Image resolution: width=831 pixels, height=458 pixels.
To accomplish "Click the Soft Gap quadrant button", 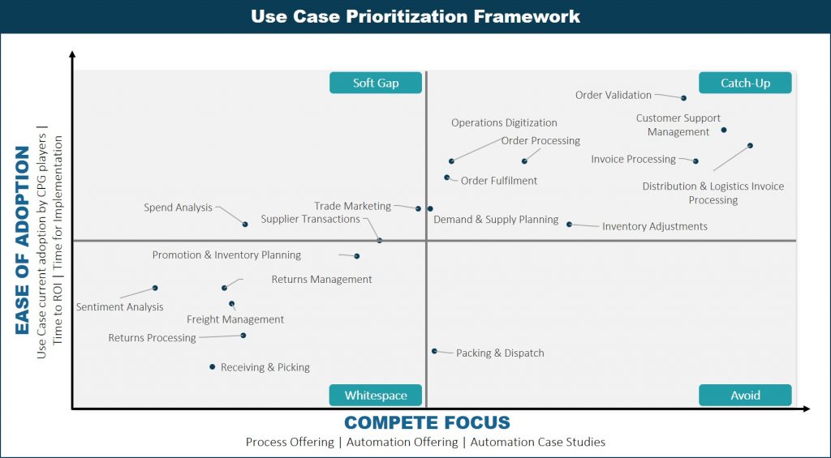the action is click(376, 83).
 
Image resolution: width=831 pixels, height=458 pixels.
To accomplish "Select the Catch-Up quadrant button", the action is click(745, 83).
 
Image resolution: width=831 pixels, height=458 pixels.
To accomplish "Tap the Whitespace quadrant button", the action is click(376, 396).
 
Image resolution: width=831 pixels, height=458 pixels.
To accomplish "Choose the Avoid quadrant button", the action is click(745, 396).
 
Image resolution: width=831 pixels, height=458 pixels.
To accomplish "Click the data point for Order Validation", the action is click(683, 98).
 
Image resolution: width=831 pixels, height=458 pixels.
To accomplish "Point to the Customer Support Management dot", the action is click(724, 130).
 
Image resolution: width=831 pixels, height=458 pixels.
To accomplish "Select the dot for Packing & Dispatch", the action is click(434, 351).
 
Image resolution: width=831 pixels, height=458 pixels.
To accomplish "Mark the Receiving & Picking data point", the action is click(212, 366).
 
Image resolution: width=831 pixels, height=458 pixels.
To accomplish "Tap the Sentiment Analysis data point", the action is click(155, 288).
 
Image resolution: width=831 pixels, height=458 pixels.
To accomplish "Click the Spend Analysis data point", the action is click(245, 225).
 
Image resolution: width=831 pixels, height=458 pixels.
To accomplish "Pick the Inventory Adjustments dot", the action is click(569, 225).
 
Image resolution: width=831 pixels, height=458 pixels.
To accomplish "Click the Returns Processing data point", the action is click(243, 335).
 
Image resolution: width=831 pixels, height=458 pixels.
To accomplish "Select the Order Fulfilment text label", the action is click(499, 181).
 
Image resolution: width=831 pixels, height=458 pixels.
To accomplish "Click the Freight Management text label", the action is click(235, 320).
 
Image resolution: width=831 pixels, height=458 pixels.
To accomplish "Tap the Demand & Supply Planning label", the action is click(496, 219).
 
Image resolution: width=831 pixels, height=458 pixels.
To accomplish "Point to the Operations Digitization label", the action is click(504, 123).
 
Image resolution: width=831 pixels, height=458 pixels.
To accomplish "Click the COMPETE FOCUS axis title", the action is click(427, 422).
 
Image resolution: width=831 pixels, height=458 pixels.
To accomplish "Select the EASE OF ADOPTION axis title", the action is click(22, 241).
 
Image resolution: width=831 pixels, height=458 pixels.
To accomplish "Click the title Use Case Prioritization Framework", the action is click(415, 16).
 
